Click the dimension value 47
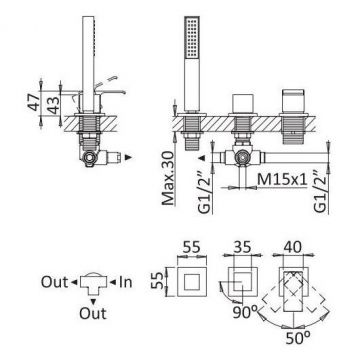point(33,103)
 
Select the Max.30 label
point(168,178)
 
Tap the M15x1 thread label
point(282,180)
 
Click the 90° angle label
point(245,312)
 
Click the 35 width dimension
point(242,247)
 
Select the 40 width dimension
point(292,247)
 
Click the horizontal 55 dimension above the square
point(192,247)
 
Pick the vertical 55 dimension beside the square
point(159,282)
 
